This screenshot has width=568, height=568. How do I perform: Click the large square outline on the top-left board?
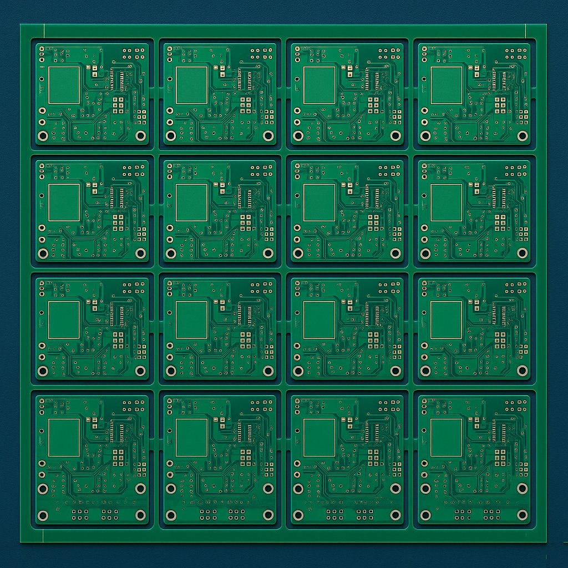(64, 85)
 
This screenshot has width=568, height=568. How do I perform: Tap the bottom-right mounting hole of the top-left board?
(140, 135)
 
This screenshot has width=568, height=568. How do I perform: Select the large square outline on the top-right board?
(447, 85)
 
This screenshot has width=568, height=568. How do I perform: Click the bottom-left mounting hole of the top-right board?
(425, 135)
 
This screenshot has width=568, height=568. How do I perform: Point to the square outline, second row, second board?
(191, 202)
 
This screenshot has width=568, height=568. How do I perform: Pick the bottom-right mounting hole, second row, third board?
(395, 253)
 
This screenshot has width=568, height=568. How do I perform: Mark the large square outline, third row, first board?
(64, 320)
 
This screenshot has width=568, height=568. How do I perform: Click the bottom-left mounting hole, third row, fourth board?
(425, 371)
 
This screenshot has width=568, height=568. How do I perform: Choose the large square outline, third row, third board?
(319, 320)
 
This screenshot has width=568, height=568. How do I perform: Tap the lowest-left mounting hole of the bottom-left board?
(43, 515)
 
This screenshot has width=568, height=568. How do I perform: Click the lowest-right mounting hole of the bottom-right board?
(522, 515)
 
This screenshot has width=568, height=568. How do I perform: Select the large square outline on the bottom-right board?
(447, 438)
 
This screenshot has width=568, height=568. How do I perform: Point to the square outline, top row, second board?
(191, 85)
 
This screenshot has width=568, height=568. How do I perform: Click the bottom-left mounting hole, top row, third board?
(298, 135)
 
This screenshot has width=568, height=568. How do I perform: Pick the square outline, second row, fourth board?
(447, 202)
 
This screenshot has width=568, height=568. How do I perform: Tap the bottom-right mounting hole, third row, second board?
(268, 371)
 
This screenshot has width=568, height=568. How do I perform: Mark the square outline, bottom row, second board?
(191, 438)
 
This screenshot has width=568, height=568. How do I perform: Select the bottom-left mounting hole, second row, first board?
(43, 253)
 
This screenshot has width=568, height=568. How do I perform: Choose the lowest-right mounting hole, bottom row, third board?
(395, 515)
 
